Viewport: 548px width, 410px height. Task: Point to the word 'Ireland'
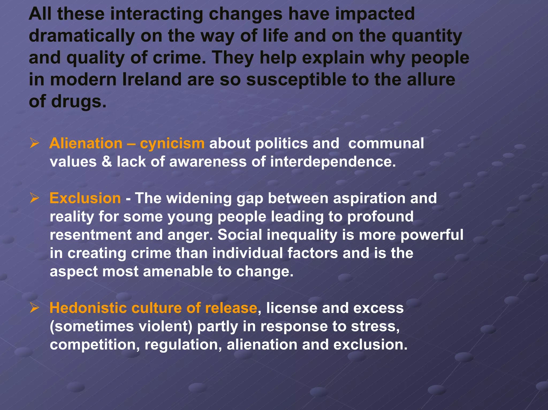[x=152, y=80]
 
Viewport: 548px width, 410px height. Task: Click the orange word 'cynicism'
[x=172, y=143]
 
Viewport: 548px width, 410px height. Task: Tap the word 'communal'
[x=386, y=143]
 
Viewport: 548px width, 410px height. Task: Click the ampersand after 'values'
[x=106, y=162]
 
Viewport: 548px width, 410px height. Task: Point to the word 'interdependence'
[x=333, y=162]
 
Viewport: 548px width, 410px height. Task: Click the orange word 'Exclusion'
[x=85, y=198]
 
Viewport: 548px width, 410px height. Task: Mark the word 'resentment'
[x=90, y=235]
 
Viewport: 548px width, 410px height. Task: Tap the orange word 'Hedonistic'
[x=88, y=308]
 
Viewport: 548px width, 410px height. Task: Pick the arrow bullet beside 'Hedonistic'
[x=35, y=308]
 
